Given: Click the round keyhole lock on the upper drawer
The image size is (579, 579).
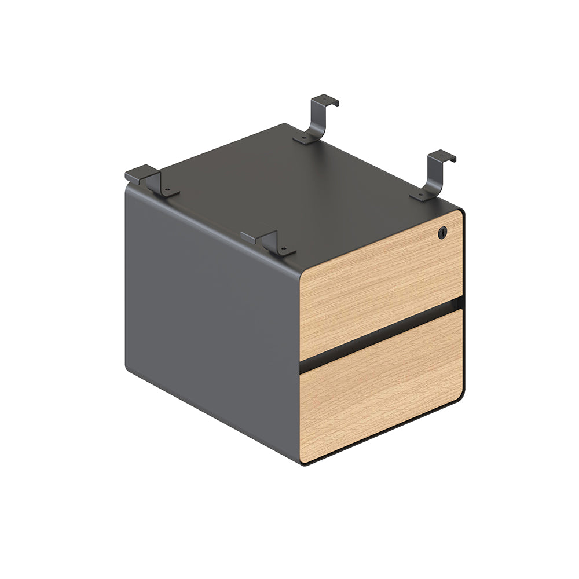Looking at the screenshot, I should click(443, 232).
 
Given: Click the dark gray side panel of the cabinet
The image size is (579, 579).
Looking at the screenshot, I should click(211, 307).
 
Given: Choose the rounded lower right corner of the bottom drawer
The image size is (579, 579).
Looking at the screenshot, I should click(460, 397).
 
